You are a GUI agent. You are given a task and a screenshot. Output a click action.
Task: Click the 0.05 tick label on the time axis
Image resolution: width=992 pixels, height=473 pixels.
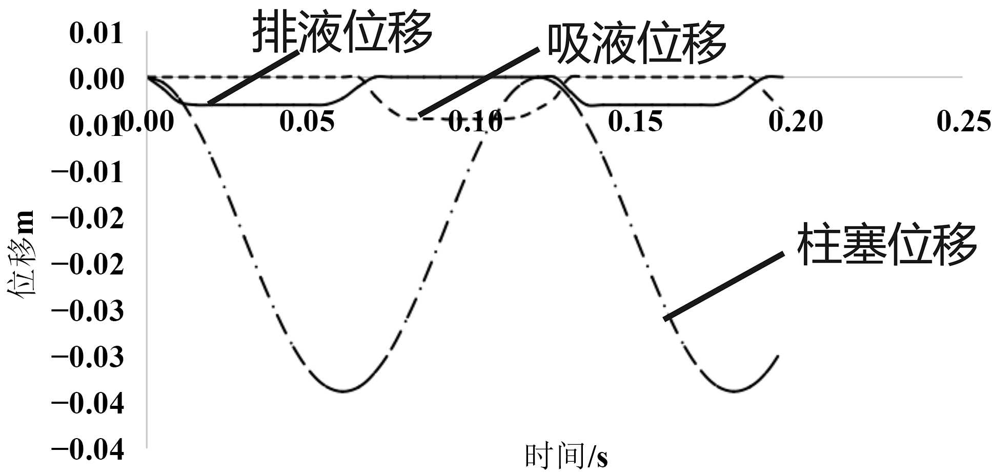click(307, 122)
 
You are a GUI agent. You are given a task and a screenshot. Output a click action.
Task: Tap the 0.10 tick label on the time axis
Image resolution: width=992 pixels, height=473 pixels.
click(475, 122)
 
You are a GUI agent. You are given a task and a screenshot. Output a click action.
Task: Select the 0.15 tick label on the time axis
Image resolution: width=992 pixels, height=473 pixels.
click(635, 122)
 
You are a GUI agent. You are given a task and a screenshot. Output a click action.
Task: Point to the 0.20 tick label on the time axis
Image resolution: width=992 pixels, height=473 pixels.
click(796, 122)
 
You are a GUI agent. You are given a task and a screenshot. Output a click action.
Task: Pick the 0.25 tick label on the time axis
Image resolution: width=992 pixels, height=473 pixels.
click(964, 122)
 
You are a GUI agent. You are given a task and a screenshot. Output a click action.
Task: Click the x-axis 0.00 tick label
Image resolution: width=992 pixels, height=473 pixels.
click(147, 122)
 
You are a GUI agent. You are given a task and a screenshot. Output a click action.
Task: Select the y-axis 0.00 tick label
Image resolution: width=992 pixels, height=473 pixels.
click(96, 80)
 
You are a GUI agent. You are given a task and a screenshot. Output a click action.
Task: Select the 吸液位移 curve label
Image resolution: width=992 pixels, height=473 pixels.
click(636, 43)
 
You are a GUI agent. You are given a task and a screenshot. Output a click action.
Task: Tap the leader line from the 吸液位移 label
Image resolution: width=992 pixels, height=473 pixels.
click(479, 82)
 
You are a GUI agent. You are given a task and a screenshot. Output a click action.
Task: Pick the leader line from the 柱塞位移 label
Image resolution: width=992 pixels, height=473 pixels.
click(723, 286)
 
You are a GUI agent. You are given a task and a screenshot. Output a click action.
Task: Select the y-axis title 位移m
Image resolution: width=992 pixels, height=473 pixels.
click(22, 254)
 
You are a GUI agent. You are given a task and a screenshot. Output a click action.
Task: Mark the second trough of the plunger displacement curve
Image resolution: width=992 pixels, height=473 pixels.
click(735, 391)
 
